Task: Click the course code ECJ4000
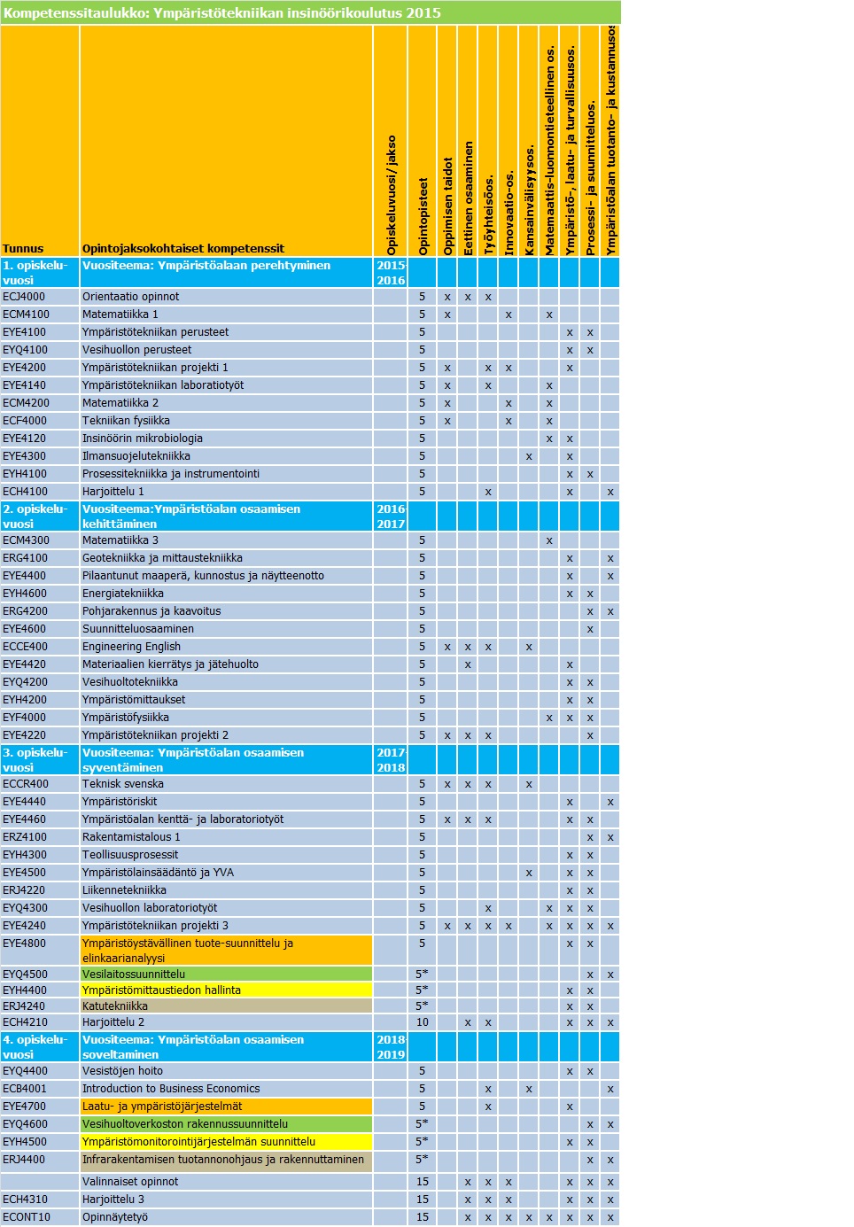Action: (x=24, y=297)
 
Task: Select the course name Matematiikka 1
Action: (x=120, y=315)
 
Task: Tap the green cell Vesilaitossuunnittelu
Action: (x=134, y=974)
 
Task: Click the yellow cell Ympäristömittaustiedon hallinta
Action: (x=161, y=990)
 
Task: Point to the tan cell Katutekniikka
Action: (x=115, y=1006)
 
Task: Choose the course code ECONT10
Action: (x=27, y=1217)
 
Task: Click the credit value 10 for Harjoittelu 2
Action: (x=423, y=1022)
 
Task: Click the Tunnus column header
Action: (x=23, y=249)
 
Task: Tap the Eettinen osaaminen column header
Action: (x=468, y=198)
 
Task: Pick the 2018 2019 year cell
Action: (x=391, y=1047)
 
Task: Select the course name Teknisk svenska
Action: (x=123, y=784)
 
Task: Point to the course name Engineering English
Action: (x=131, y=647)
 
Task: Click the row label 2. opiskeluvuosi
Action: (x=35, y=516)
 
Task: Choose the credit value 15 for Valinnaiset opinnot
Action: (x=423, y=1182)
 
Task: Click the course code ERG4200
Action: (x=26, y=611)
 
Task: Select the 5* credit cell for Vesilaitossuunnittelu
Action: (x=423, y=974)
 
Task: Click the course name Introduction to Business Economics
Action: (x=171, y=1089)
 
